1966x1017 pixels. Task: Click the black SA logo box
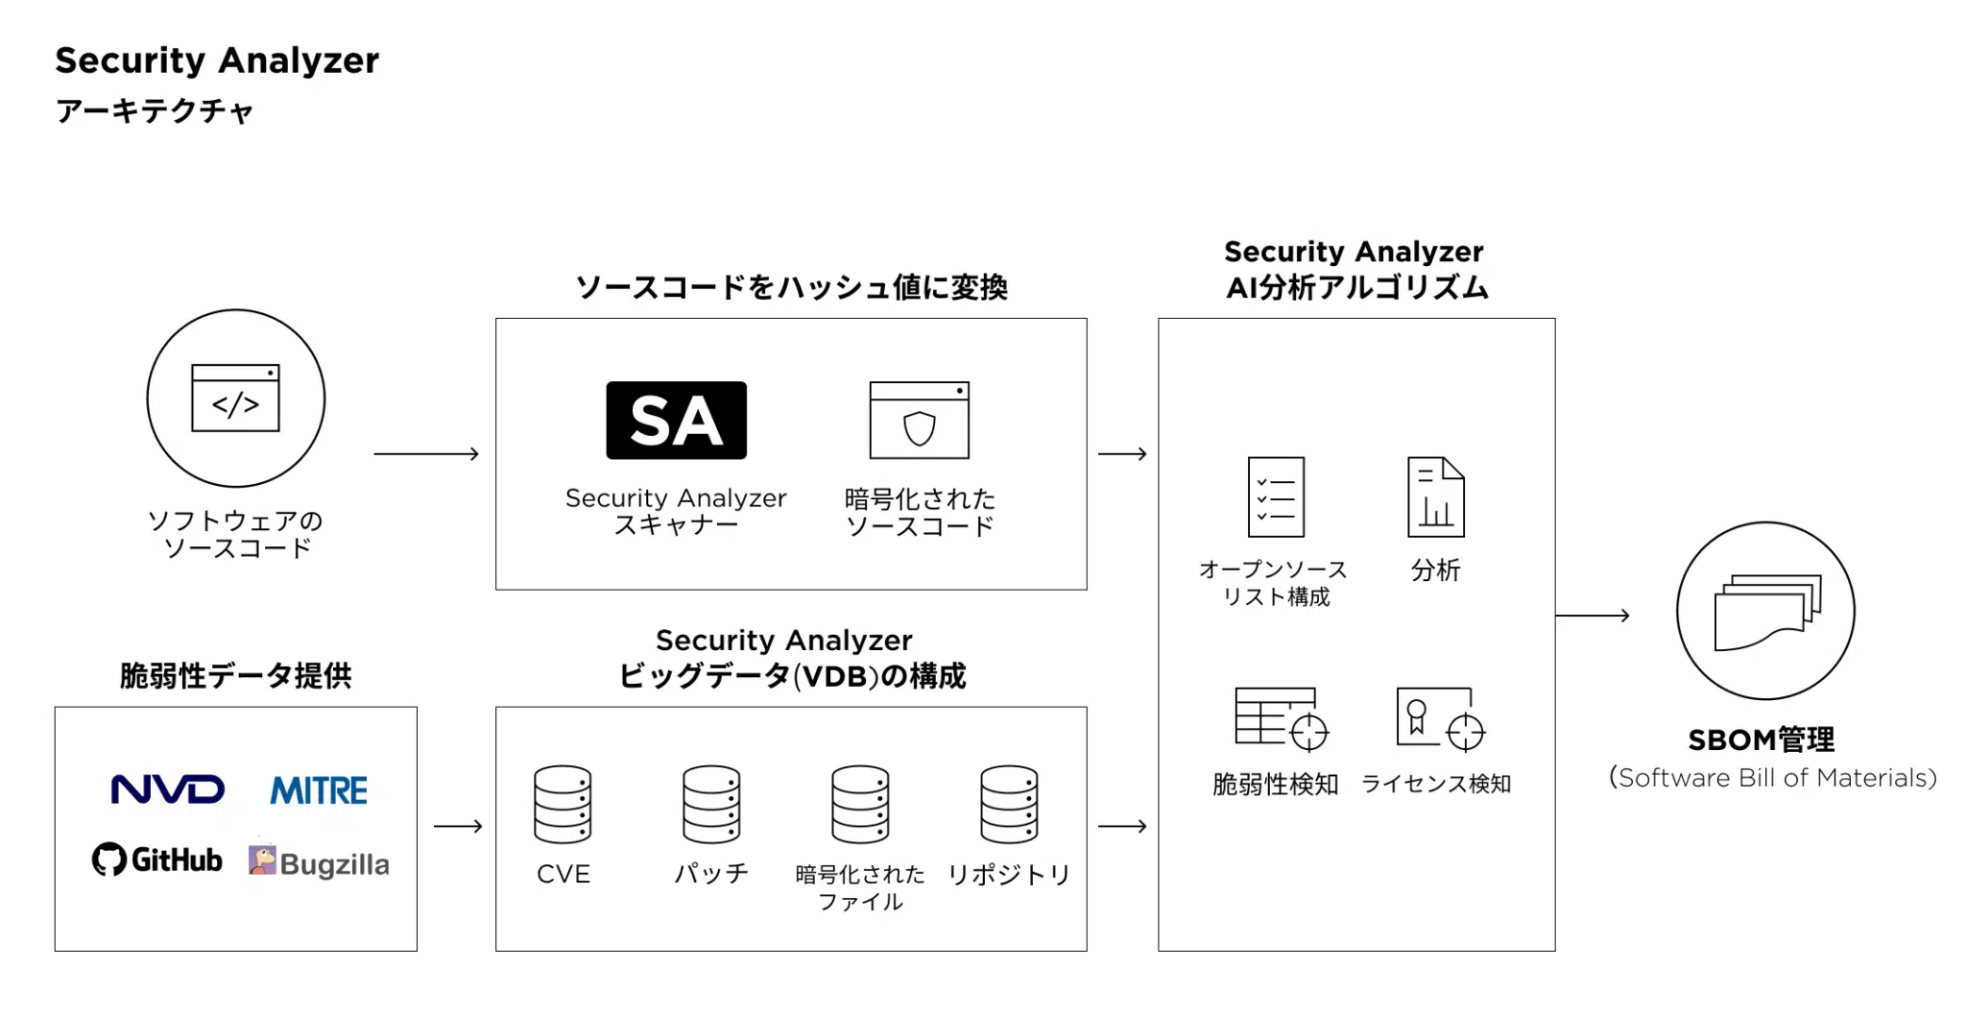pos(676,421)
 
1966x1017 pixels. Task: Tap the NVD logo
pos(168,789)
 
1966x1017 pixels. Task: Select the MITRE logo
pos(319,790)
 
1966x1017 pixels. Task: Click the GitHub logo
pos(157,859)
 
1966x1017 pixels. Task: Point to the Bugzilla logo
pos(319,861)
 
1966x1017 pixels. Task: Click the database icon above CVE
pos(563,805)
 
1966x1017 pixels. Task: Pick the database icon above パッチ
pos(711,805)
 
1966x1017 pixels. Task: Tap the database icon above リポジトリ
pos(1009,805)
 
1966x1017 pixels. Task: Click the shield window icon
pos(919,421)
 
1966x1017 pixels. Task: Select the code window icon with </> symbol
pos(235,398)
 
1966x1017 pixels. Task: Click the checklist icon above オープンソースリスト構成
pos(1276,496)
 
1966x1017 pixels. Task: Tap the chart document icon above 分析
pos(1435,496)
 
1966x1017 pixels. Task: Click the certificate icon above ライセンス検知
pos(1439,718)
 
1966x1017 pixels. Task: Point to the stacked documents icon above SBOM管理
pos(1766,612)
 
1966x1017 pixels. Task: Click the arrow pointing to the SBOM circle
pos(1593,615)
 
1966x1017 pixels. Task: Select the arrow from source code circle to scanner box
pos(426,453)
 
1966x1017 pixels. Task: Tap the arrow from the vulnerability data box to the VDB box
pos(458,826)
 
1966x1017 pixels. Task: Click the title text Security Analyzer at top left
pos(217,61)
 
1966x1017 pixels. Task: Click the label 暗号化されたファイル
pos(860,887)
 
